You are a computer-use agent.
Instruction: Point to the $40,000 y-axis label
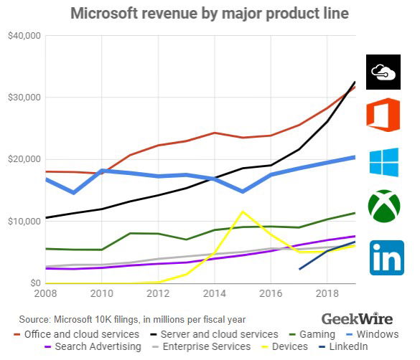point(23,35)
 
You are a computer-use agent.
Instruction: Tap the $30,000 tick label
point(23,98)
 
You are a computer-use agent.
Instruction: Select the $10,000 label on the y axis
point(23,222)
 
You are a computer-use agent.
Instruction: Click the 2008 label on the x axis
point(45,295)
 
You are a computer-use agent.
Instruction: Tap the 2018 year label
point(327,295)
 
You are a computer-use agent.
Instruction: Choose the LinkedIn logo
point(386,258)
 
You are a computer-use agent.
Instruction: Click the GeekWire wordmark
point(356,318)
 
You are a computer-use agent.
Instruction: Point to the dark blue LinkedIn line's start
point(299,270)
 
